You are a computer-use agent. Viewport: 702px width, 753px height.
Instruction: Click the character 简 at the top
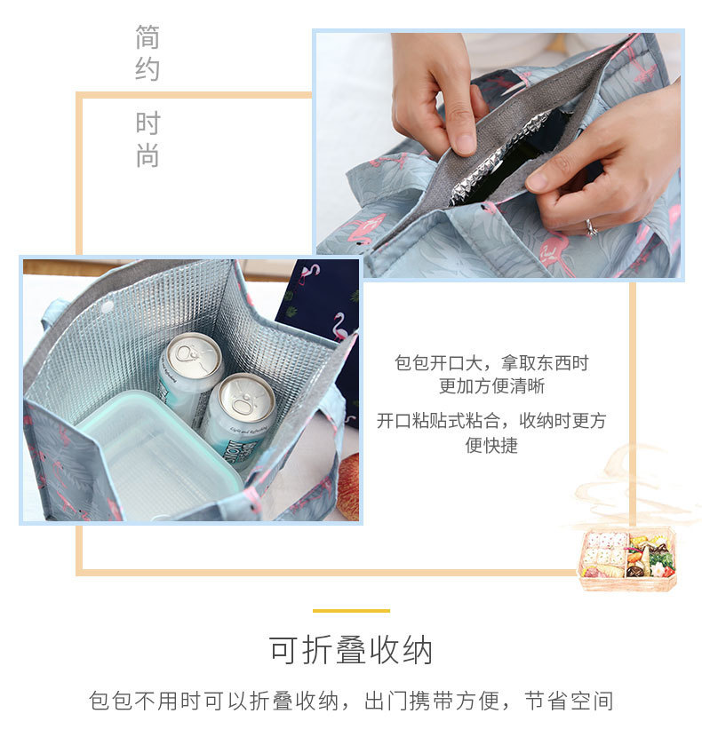click(x=148, y=37)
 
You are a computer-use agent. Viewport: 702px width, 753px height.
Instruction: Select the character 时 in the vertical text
click(x=148, y=123)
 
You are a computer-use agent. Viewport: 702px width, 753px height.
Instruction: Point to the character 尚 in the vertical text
click(x=148, y=156)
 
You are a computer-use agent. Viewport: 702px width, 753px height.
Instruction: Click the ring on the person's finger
click(x=591, y=227)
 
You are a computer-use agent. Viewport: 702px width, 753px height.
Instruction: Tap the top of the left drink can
click(x=192, y=355)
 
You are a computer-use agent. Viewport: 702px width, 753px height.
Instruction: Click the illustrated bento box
click(x=627, y=559)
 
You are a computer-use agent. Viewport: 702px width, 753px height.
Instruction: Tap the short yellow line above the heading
click(x=351, y=611)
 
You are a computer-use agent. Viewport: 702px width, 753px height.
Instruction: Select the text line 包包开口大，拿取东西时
click(x=491, y=363)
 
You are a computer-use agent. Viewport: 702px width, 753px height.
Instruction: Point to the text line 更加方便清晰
click(x=491, y=386)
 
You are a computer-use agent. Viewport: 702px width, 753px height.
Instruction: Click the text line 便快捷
click(x=491, y=445)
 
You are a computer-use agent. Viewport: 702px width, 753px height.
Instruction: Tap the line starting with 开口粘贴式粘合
click(x=491, y=421)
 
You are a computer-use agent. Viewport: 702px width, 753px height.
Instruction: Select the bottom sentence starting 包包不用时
click(x=351, y=701)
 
